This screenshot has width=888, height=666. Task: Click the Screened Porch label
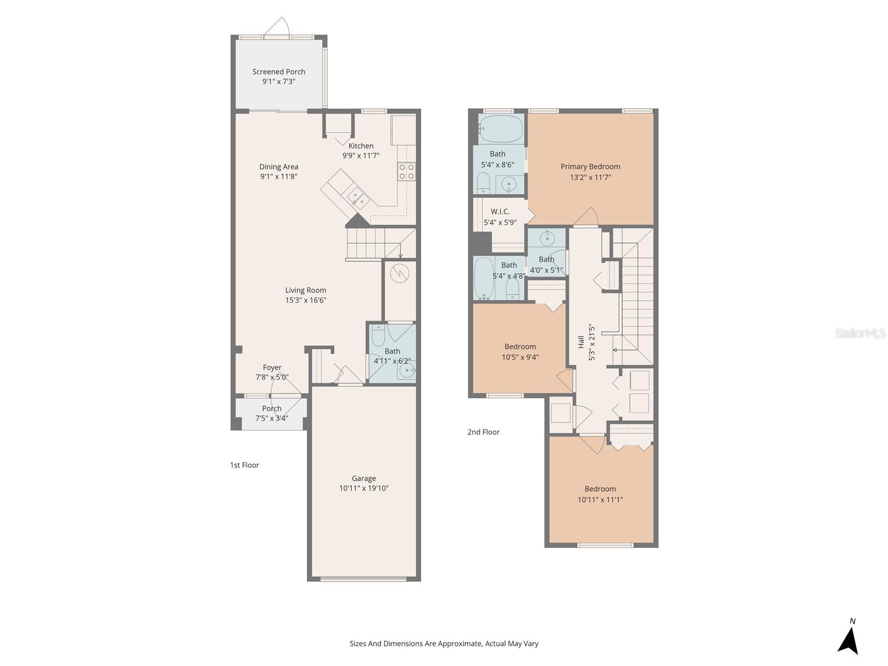click(x=279, y=72)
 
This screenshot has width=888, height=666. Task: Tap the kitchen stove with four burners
click(x=406, y=171)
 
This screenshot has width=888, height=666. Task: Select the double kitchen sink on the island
click(x=356, y=198)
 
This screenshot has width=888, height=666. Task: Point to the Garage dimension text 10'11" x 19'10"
click(x=364, y=488)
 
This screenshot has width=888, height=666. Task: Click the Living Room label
click(x=306, y=290)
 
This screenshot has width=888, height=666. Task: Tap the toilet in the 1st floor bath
click(x=378, y=335)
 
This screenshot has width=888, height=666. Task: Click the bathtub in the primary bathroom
click(x=501, y=129)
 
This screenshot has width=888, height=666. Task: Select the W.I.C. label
click(x=500, y=211)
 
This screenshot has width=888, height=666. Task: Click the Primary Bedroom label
click(x=590, y=167)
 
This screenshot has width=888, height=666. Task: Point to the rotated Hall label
click(x=581, y=342)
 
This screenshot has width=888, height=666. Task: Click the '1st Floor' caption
click(x=244, y=465)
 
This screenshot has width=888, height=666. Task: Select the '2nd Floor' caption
click(x=483, y=432)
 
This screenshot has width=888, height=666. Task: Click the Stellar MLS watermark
click(x=860, y=334)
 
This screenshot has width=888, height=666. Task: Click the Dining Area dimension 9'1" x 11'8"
click(x=279, y=176)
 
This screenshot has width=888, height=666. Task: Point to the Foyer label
click(x=272, y=367)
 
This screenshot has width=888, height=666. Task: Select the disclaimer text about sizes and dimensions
click(x=443, y=644)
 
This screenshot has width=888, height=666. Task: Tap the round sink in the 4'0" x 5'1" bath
click(x=547, y=239)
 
